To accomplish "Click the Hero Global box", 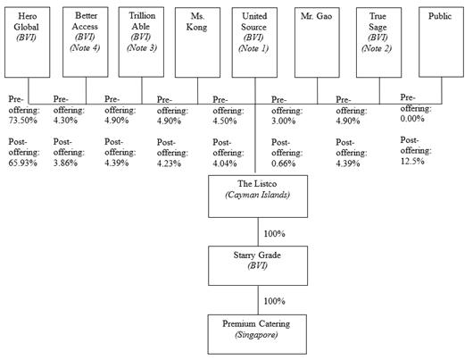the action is tap(27, 42).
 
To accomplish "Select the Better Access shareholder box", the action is tap(86, 42).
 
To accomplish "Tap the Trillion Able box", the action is tap(142, 42).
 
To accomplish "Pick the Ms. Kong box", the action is tap(197, 43).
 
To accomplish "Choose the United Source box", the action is tap(254, 43).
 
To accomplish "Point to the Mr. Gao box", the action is tap(317, 43).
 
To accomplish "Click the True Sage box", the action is tap(379, 43).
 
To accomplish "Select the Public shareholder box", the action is tap(442, 42).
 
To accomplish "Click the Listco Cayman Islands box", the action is tap(258, 197).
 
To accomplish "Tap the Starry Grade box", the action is tap(258, 266).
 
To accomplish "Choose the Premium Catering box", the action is tap(257, 334).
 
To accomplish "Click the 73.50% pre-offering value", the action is tap(23, 121).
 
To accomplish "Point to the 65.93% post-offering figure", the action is tap(23, 163).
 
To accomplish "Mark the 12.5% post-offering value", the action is tap(412, 161).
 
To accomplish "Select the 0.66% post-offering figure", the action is tap(283, 163).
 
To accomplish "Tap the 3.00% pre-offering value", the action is tap(283, 121).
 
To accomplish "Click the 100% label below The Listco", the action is tap(275, 234).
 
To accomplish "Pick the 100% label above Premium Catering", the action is tap(275, 301).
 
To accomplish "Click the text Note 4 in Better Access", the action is tap(85, 47).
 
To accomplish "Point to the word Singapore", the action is tap(256, 335).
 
